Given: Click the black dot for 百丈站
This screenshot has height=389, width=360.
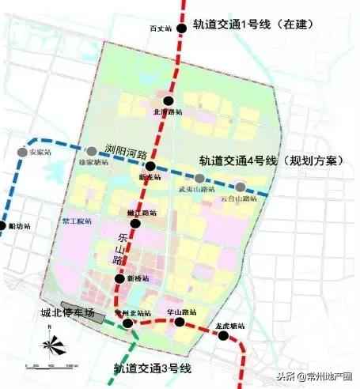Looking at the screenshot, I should click(x=182, y=28).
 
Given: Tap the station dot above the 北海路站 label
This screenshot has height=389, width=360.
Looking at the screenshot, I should click(x=169, y=100).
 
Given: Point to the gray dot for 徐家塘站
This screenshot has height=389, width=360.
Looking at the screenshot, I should click(x=85, y=152).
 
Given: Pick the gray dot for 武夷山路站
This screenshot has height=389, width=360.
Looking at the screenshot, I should click(x=200, y=179).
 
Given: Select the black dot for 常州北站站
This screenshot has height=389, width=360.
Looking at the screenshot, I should click(x=127, y=323).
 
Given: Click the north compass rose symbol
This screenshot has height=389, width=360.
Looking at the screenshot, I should click(x=50, y=344).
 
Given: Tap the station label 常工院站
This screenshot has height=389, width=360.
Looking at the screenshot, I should click(x=76, y=222).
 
